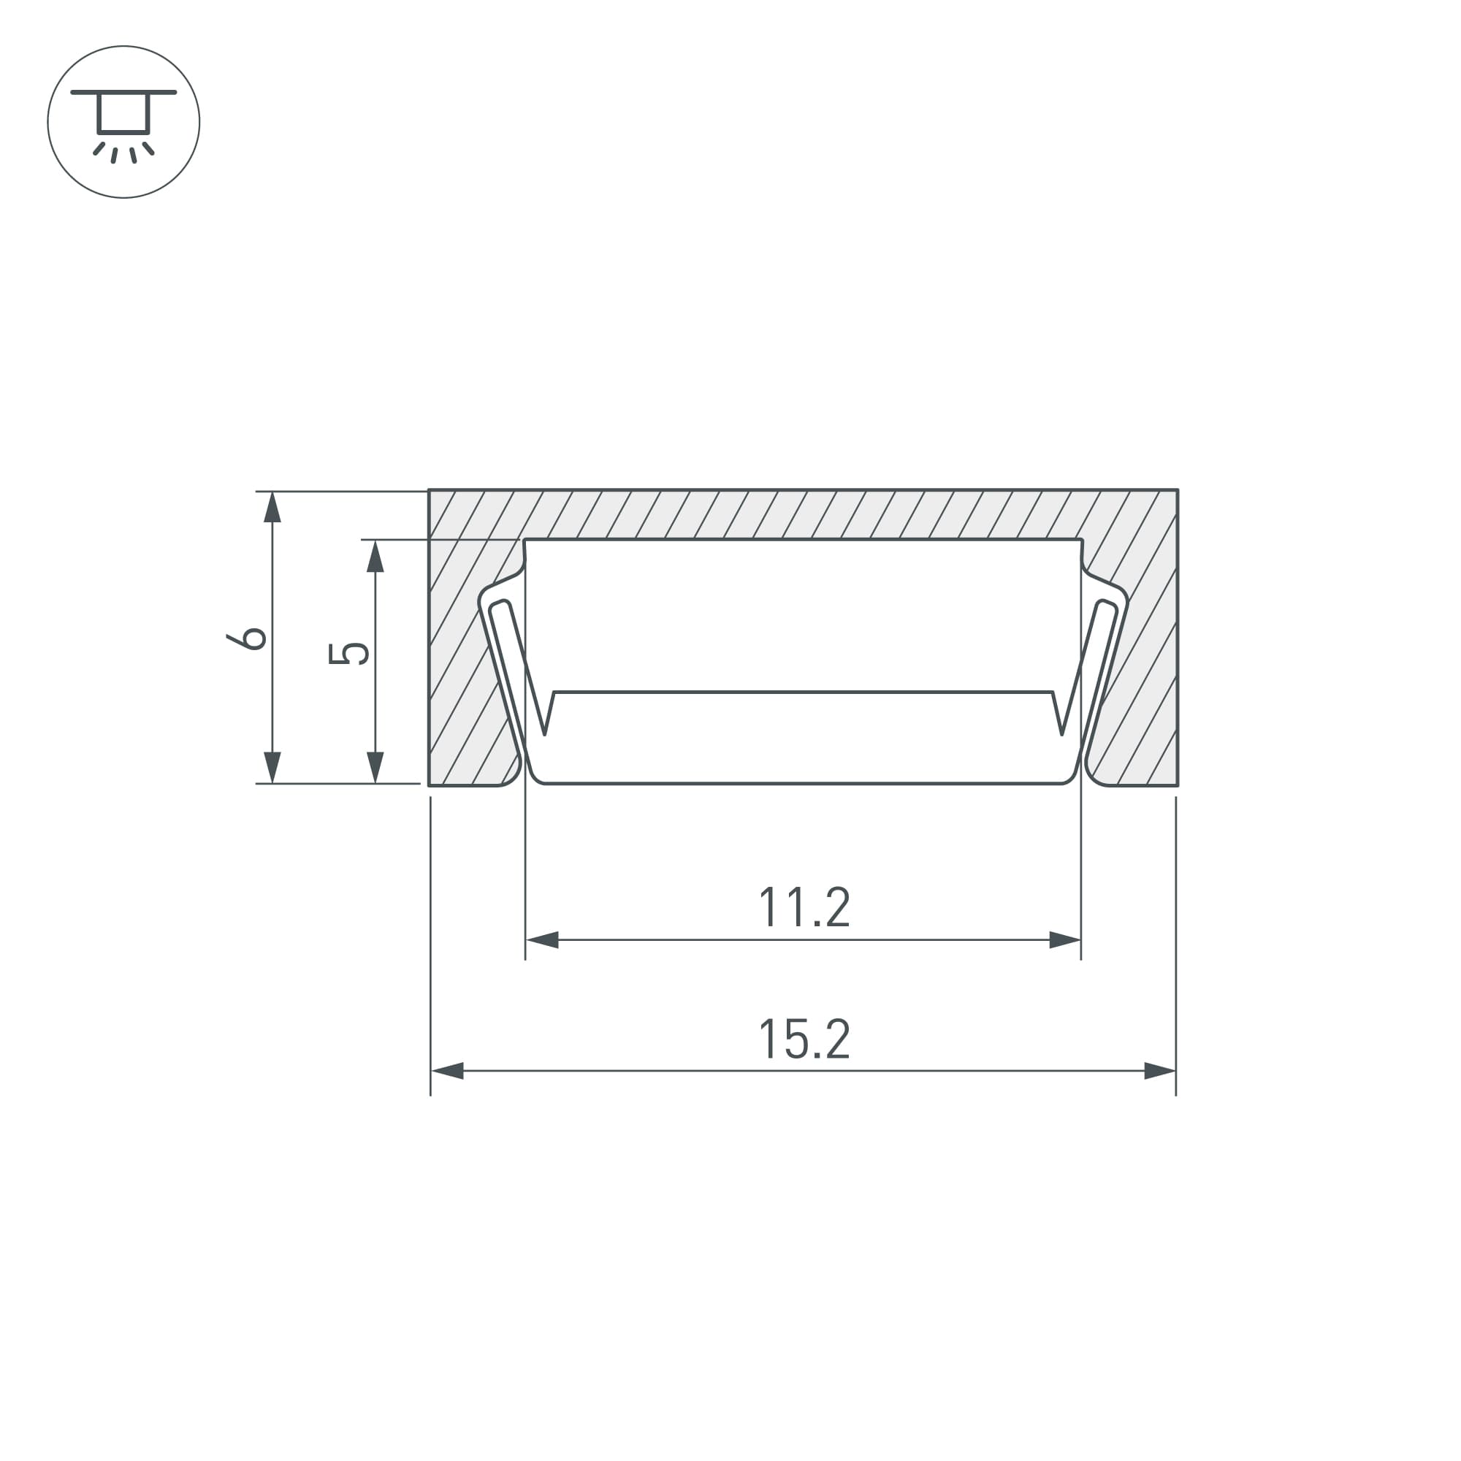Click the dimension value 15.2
pyautogui.click(x=804, y=1039)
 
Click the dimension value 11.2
pyautogui.click(x=804, y=907)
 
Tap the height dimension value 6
pyautogui.click(x=246, y=638)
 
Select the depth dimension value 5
pyautogui.click(x=348, y=653)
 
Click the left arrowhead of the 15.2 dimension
pyautogui.click(x=446, y=1071)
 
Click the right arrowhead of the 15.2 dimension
pyautogui.click(x=1160, y=1071)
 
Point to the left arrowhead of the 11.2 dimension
pyautogui.click(x=541, y=940)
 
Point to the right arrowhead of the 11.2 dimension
pyautogui.click(x=1066, y=940)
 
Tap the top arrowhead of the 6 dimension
pyautogui.click(x=272, y=507)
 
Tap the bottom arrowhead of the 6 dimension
pyautogui.click(x=272, y=768)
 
